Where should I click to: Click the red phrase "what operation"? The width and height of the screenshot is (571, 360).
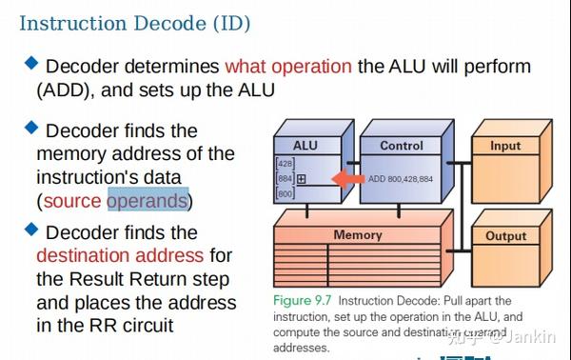click(287, 67)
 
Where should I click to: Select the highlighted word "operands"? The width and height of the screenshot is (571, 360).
click(148, 201)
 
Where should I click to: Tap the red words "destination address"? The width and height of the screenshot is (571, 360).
click(120, 255)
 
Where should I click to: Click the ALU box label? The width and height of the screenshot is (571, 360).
click(305, 146)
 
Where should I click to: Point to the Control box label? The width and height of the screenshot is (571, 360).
click(401, 146)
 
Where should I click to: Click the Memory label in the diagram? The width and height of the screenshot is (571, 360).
click(357, 234)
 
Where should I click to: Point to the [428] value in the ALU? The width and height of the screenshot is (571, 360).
click(285, 163)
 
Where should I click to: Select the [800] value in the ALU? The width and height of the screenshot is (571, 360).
click(285, 193)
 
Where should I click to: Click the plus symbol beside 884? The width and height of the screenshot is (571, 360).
click(302, 178)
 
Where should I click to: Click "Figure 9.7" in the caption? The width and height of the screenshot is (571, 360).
click(304, 300)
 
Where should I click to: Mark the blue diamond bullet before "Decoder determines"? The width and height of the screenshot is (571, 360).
click(31, 64)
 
